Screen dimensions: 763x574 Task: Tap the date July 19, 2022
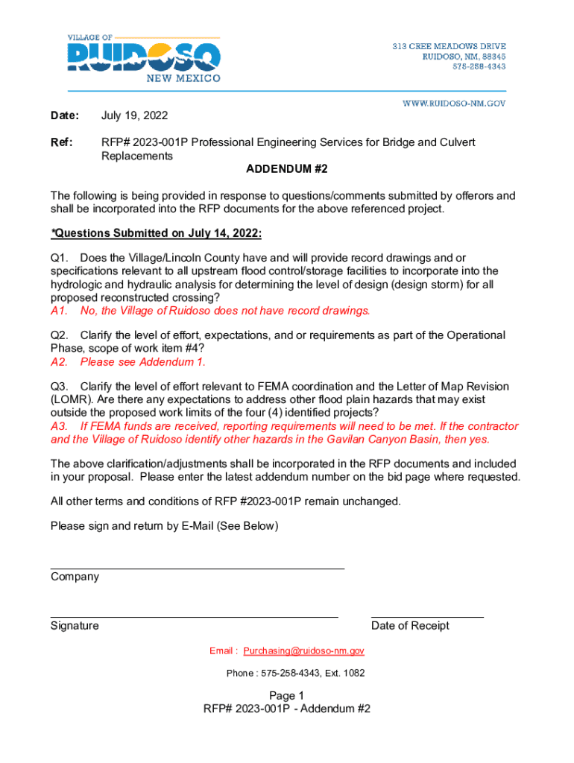[x=134, y=115]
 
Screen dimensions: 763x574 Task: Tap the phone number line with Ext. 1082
[x=296, y=674]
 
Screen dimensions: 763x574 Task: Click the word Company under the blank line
[x=75, y=577]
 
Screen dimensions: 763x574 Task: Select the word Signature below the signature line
[x=75, y=626]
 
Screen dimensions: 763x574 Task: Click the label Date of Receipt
[x=410, y=626]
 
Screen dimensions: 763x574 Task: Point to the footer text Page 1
[x=287, y=695]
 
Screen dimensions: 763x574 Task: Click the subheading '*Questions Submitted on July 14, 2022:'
[x=157, y=233]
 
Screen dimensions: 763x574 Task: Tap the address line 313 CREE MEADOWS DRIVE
[x=450, y=47]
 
